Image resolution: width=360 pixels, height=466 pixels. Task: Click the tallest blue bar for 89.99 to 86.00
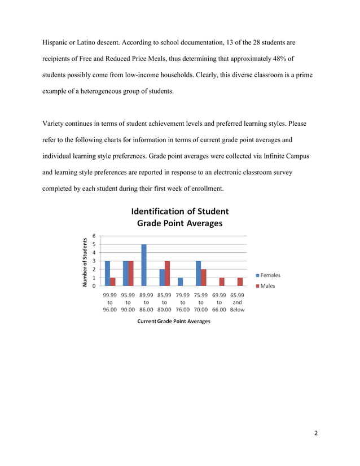point(144,265)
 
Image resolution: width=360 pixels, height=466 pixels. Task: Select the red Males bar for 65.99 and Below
point(240,282)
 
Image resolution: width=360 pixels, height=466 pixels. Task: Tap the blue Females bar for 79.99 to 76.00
point(180,282)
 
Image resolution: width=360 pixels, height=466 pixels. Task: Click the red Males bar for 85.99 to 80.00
point(168,273)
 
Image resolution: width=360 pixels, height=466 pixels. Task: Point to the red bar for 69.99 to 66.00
point(222,282)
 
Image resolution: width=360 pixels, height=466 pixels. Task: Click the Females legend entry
point(268,275)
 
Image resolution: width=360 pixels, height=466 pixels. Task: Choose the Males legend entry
point(265,286)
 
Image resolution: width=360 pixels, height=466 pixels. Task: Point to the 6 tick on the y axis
point(94,236)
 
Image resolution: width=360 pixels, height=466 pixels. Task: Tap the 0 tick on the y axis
point(94,285)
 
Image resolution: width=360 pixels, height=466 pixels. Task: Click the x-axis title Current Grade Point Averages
point(173,321)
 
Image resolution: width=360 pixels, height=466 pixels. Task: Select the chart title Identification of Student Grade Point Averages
point(179,217)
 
